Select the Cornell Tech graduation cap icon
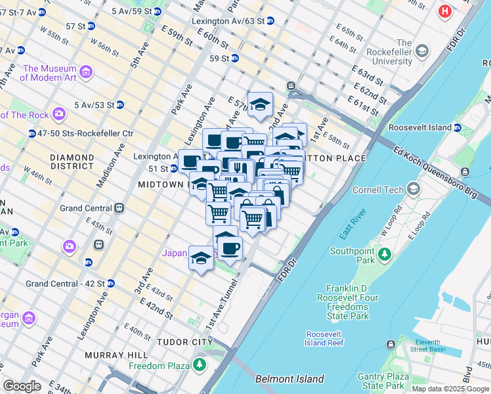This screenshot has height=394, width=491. (414, 190)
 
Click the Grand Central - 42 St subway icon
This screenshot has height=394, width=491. (111, 284)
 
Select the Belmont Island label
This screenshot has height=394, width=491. (289, 379)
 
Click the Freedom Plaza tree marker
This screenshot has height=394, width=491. (199, 364)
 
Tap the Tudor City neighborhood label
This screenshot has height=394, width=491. (184, 342)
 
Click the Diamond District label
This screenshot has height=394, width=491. (72, 158)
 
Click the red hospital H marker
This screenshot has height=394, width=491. (446, 11)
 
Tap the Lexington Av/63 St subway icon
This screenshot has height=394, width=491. (270, 21)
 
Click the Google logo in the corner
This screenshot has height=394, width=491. (22, 385)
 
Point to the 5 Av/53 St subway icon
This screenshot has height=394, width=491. (120, 104)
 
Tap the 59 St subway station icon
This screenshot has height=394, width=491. (234, 58)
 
